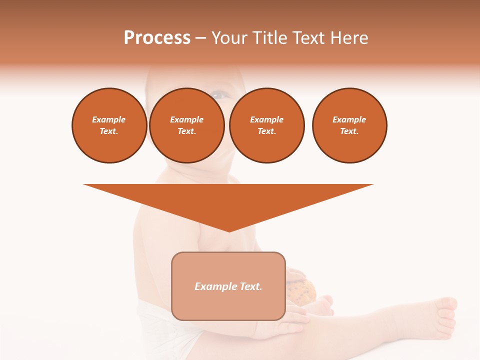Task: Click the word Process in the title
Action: (x=157, y=38)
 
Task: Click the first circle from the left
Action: (x=109, y=125)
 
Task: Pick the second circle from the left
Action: (x=186, y=125)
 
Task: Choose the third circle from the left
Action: (x=266, y=125)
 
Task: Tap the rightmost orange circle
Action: (x=349, y=125)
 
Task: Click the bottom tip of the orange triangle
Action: (x=229, y=230)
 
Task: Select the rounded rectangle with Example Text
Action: (x=228, y=286)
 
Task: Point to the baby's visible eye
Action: (x=218, y=93)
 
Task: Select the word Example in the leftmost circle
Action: (x=109, y=120)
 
